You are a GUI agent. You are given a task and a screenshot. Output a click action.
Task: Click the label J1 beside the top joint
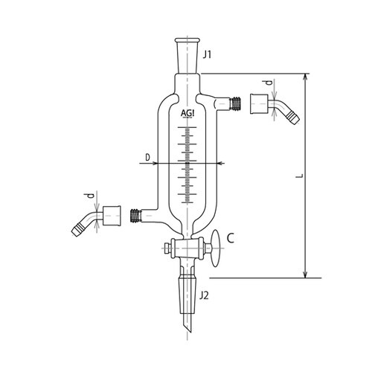pos(209,54)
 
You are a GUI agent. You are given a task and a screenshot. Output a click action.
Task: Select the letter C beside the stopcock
pos(231,239)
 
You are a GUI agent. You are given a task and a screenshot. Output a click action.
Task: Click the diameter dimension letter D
pos(148,157)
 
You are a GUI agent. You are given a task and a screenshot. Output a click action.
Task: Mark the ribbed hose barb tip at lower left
pos(77,228)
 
